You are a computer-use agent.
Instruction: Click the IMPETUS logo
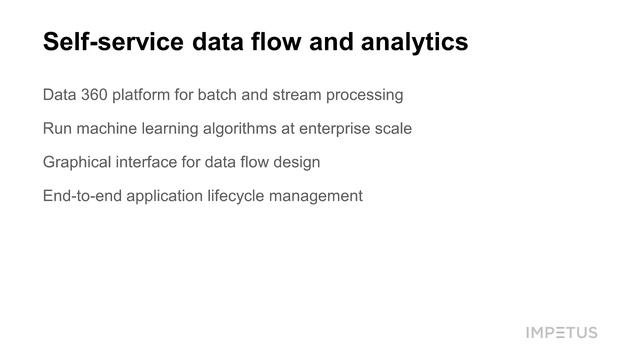561,332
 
